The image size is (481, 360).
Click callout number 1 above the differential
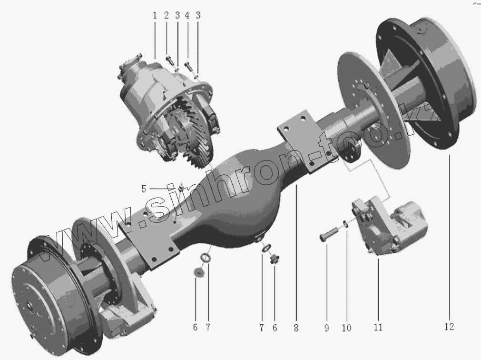155,15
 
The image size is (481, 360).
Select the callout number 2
167,15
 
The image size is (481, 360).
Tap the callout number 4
187,15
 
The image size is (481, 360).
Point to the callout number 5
144,189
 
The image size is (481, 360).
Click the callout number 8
296,328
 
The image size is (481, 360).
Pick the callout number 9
327,328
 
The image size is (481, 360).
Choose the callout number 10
346,328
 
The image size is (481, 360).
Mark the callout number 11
378,328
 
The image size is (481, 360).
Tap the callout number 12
449,327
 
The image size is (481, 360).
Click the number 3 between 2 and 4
177,15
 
